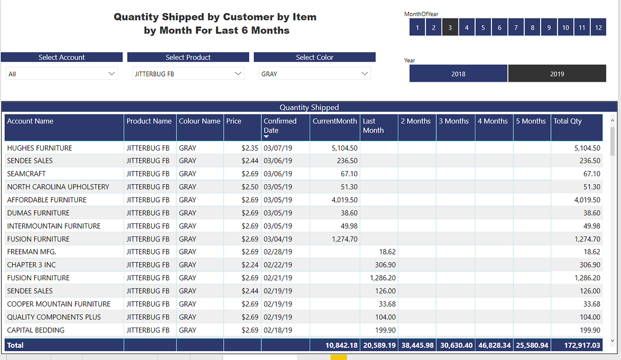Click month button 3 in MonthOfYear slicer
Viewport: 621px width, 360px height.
[450, 27]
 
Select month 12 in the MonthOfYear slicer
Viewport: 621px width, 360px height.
[598, 27]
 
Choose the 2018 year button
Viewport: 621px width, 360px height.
[458, 74]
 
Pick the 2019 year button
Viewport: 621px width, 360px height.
[557, 74]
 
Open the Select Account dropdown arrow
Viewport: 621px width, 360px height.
[112, 74]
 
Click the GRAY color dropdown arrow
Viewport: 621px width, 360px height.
[365, 74]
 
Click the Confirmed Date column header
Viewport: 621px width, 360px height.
[280, 125]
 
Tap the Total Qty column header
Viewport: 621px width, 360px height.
[568, 121]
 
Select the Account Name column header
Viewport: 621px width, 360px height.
[30, 121]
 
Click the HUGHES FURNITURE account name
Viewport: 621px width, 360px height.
[40, 148]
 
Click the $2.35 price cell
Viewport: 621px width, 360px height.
[250, 148]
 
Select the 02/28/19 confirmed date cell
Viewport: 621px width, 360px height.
[278, 252]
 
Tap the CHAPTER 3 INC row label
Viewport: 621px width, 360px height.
[31, 265]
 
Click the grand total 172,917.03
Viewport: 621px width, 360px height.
[578, 346]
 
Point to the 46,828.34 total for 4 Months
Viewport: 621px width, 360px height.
[494, 346]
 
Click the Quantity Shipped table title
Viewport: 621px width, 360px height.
[309, 107]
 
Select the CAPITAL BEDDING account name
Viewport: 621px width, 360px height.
[36, 330]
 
